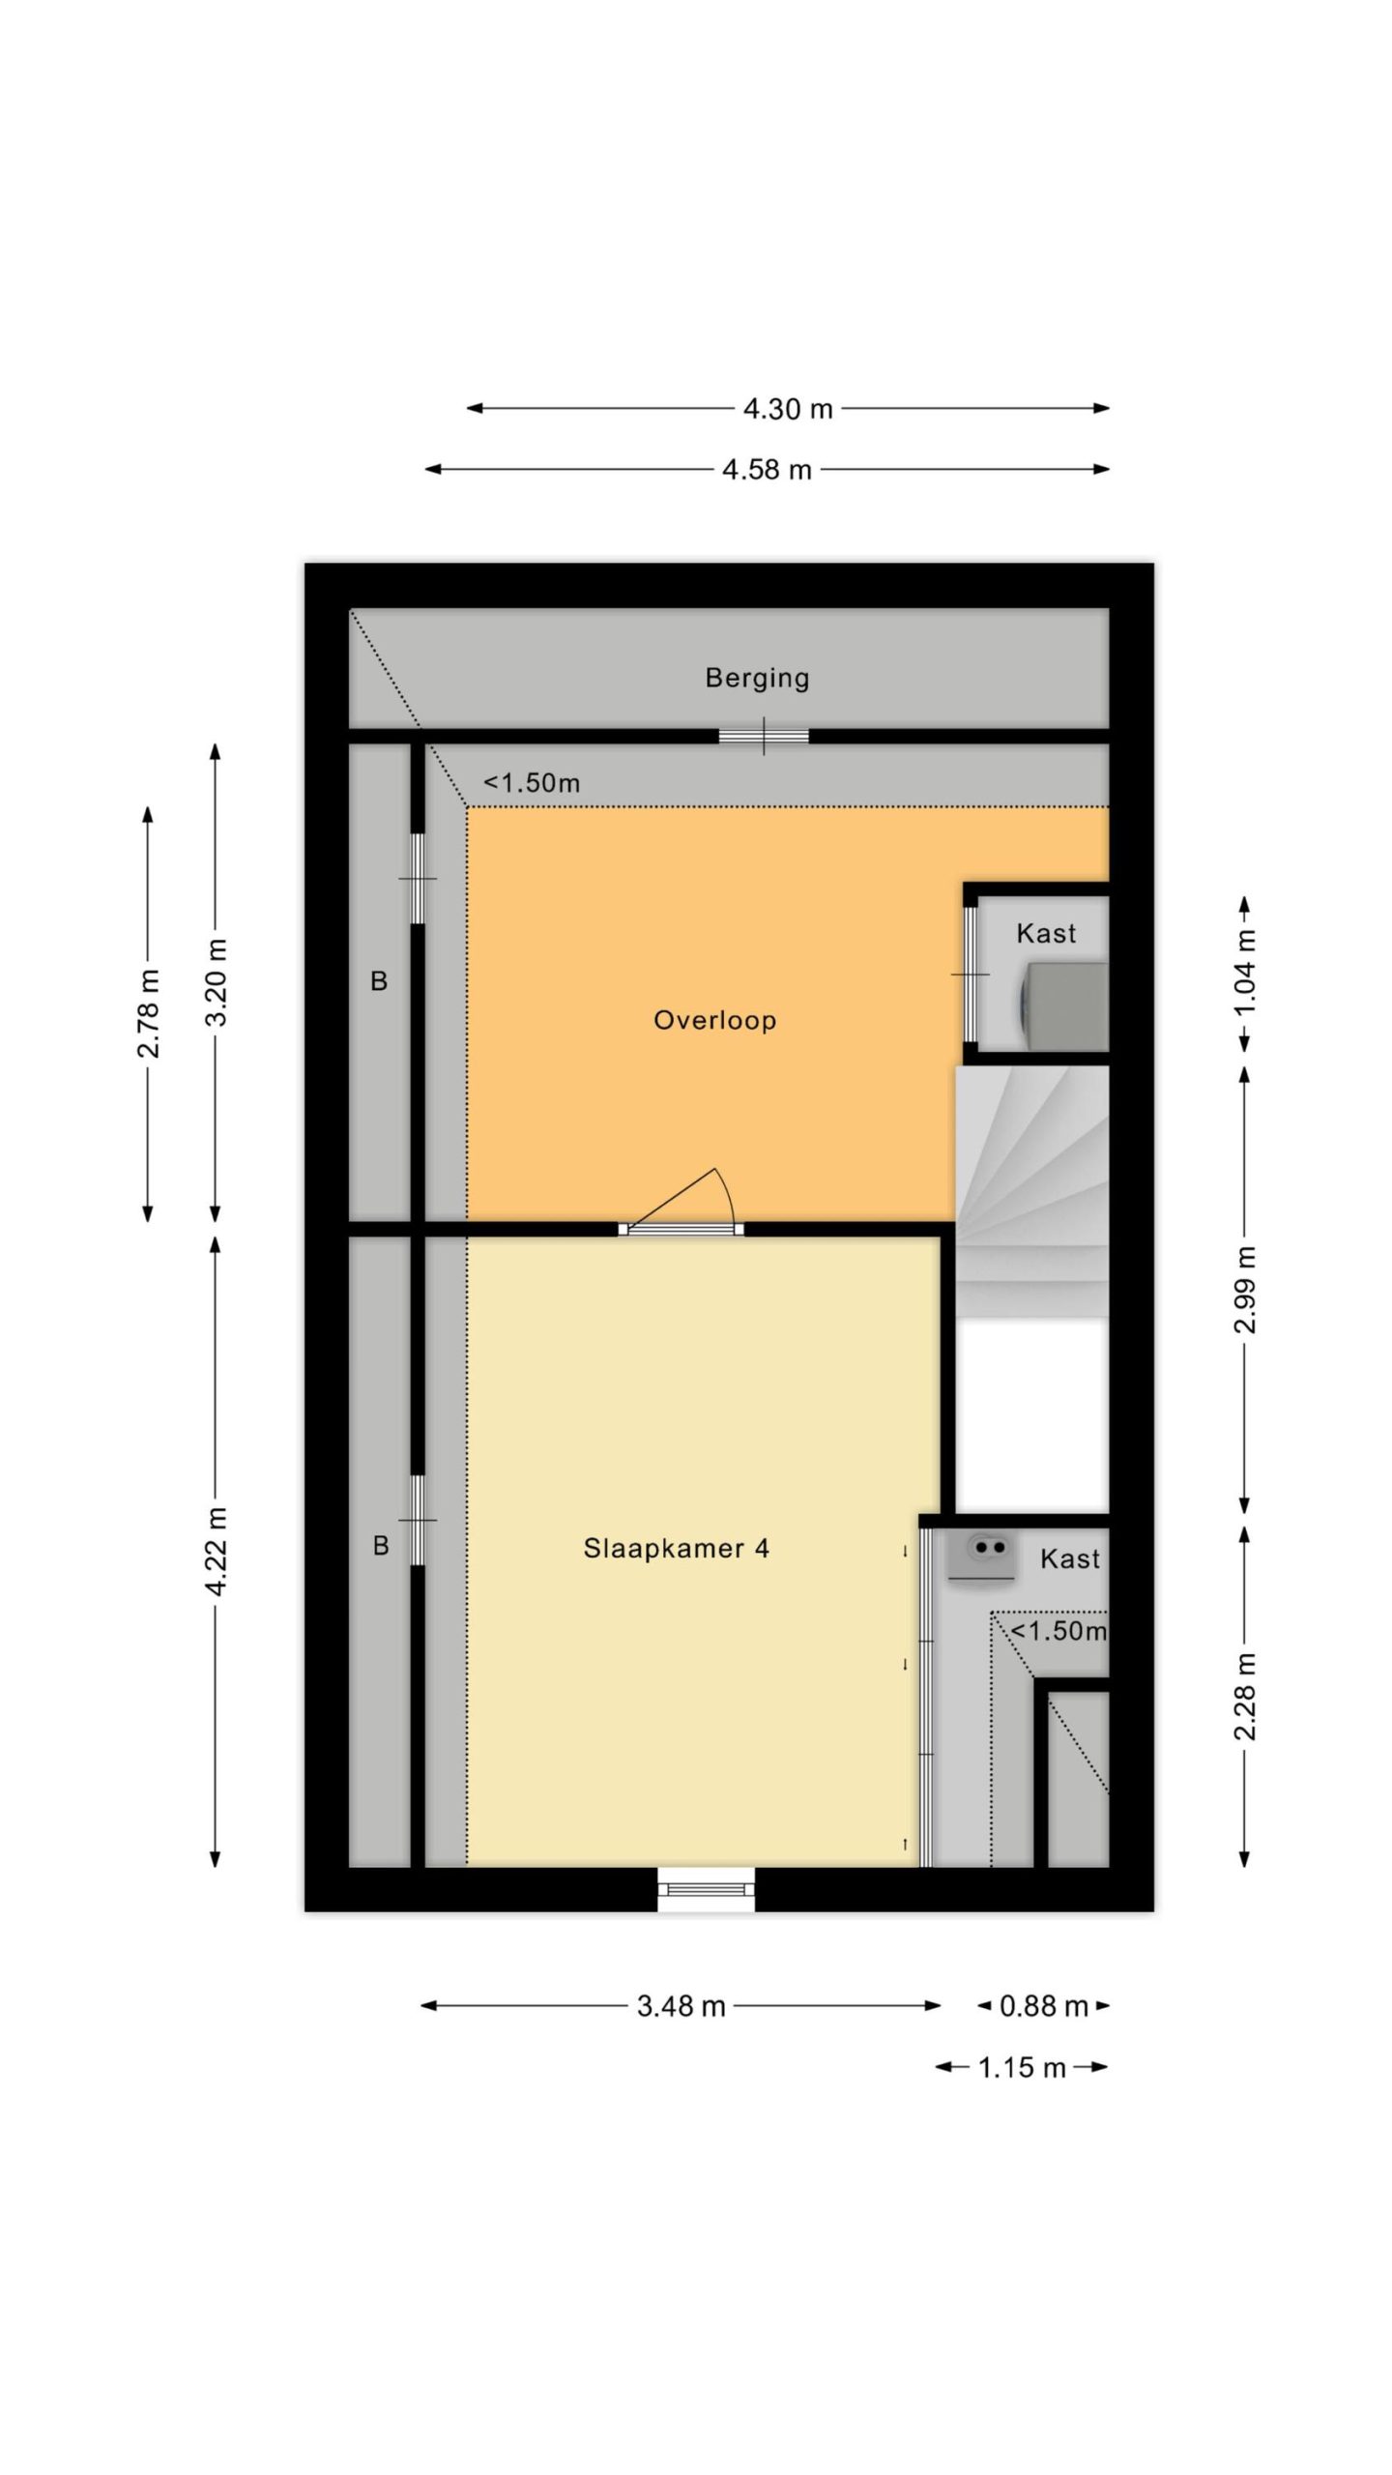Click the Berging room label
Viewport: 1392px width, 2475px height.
(757, 679)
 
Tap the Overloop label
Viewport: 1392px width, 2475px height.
(715, 1020)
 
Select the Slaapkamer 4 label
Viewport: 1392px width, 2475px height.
(677, 1548)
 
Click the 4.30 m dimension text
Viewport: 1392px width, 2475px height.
(788, 409)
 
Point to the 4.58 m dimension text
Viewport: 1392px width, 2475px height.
(767, 470)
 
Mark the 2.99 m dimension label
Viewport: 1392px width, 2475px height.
(1246, 1290)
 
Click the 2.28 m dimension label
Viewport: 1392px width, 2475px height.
(1246, 1696)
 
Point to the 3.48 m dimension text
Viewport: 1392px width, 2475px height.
(681, 2006)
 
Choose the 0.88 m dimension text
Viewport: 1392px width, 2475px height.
(1044, 2006)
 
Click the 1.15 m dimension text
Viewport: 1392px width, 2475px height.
(1022, 2067)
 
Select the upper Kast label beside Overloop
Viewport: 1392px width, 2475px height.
(1046, 934)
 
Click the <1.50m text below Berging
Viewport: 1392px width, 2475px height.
(532, 783)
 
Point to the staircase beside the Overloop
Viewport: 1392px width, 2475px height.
(1032, 1191)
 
